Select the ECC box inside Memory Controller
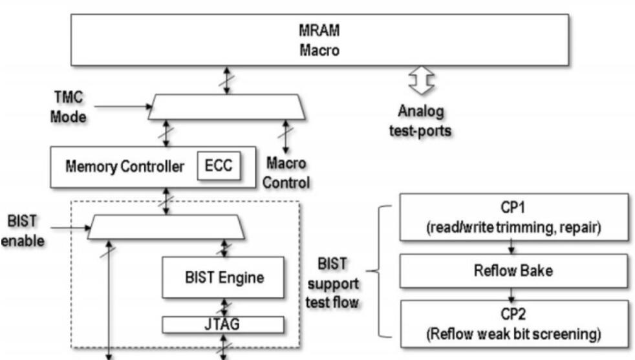pos(218,167)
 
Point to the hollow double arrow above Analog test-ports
pos(420,83)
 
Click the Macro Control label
pos(286,173)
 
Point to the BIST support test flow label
pos(340,282)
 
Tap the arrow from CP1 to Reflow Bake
pos(511,247)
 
